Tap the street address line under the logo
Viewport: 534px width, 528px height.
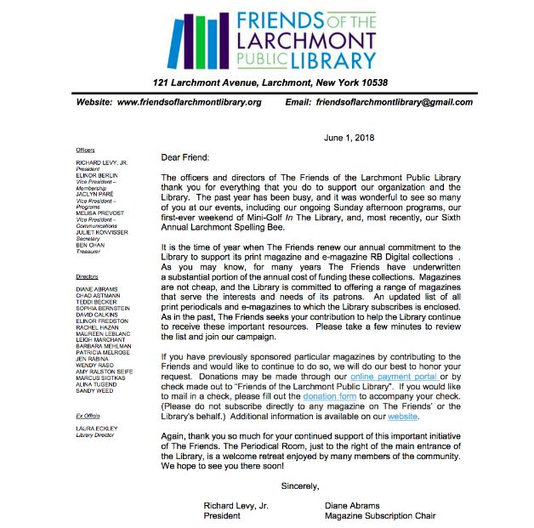click(x=270, y=82)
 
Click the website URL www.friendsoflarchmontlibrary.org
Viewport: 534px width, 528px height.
click(x=189, y=102)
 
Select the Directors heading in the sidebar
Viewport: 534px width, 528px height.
click(x=88, y=277)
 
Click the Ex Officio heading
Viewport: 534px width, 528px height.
click(x=89, y=415)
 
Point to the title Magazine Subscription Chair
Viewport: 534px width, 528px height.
click(x=380, y=515)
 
